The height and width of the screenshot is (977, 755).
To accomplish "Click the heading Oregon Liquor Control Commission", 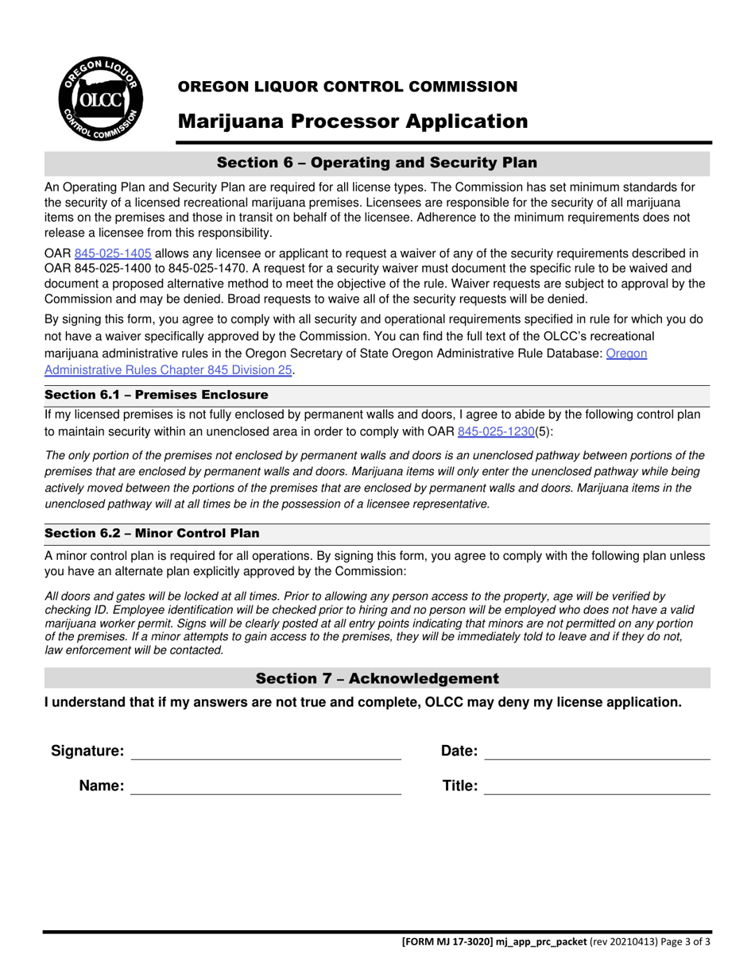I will (x=347, y=87).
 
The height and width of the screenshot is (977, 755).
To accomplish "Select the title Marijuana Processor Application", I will (x=352, y=122).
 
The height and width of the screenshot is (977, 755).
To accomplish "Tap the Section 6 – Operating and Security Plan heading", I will (x=377, y=163).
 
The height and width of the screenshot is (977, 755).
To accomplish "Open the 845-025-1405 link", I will (x=113, y=253).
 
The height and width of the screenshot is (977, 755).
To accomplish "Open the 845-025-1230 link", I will (x=495, y=431).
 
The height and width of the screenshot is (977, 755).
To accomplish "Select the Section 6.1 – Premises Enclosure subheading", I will (x=157, y=395).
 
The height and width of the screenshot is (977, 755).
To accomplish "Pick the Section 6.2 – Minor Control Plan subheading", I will (x=152, y=533).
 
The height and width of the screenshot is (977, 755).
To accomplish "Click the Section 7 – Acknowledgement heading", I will (x=377, y=678).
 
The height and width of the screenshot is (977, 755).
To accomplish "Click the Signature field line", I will (x=265, y=752).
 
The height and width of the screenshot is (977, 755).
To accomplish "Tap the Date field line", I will (x=597, y=752).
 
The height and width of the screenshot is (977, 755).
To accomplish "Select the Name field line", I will (x=265, y=787).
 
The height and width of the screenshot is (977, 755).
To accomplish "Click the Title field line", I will (x=597, y=787).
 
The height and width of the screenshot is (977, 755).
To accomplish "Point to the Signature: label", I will (x=87, y=751).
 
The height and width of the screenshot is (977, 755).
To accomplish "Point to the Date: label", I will (x=459, y=751).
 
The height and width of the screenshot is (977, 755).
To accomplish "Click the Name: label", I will (x=101, y=786).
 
